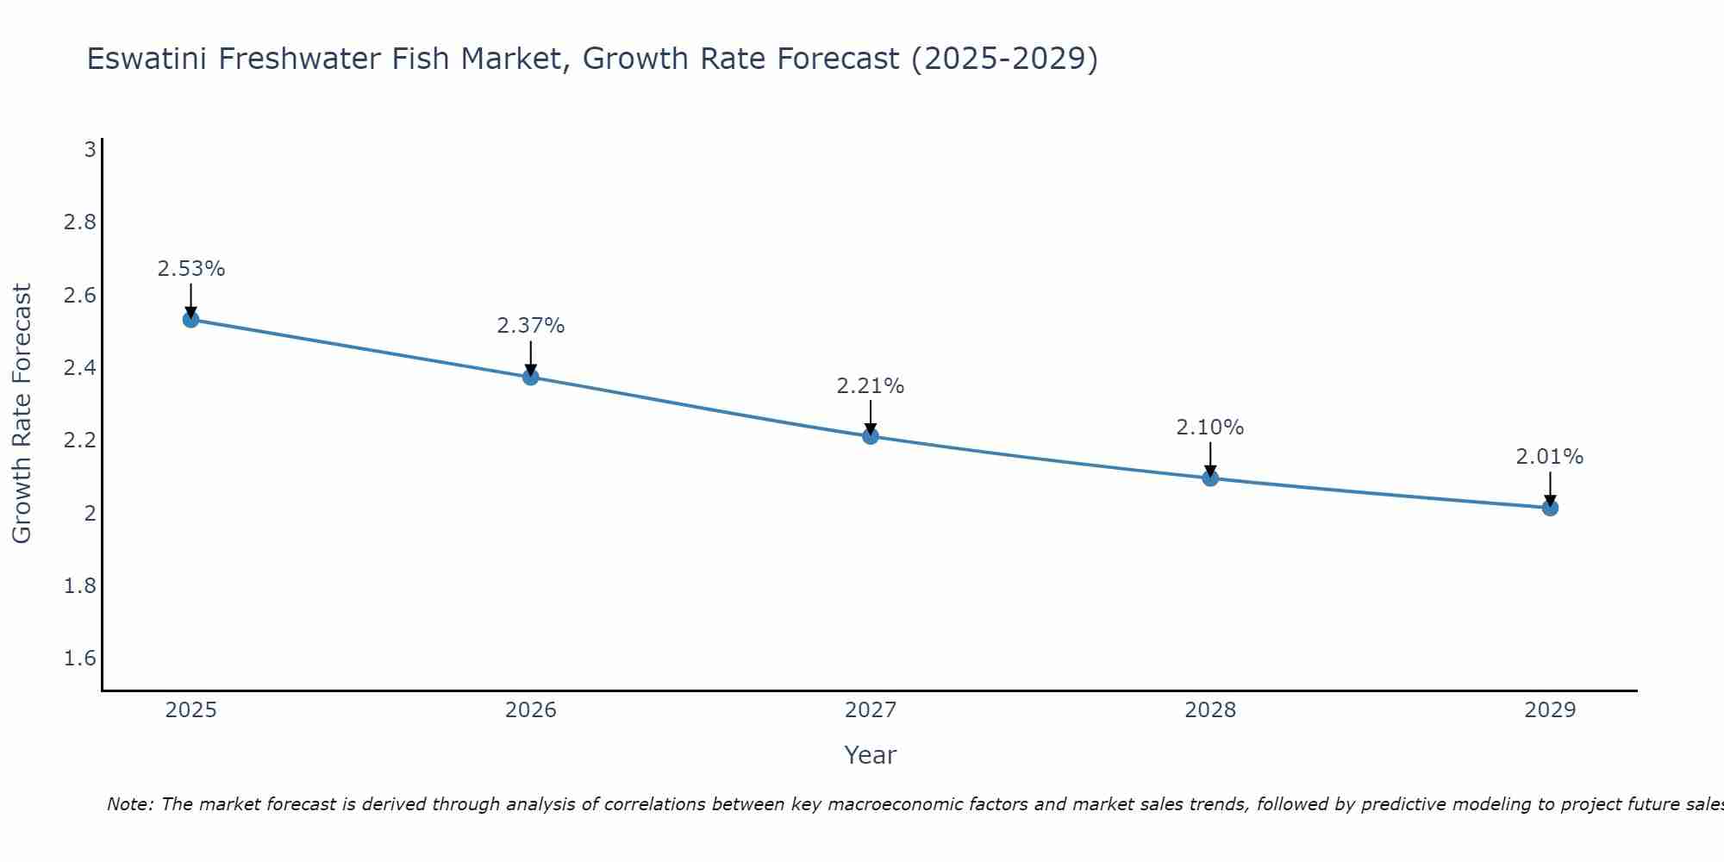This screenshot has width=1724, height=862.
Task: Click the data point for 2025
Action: coord(191,320)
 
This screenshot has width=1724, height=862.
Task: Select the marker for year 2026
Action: coord(530,377)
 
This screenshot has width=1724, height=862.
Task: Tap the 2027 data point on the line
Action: coord(870,436)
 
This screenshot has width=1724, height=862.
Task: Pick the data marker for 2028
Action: coord(1210,478)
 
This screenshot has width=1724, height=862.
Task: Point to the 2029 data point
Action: coord(1550,508)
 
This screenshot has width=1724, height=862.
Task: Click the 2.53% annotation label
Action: coord(191,269)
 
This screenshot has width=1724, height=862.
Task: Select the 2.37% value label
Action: coord(530,326)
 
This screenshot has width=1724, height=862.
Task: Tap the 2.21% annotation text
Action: coord(870,386)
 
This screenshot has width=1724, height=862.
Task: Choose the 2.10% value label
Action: coord(1210,428)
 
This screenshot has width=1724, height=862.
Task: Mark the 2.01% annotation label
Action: coord(1550,457)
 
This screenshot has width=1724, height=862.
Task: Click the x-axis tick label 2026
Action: coord(530,710)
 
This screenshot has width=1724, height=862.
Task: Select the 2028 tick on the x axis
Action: coord(1210,710)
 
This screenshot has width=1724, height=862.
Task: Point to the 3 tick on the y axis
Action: coord(90,150)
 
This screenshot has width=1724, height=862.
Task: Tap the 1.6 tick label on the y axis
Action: coord(80,659)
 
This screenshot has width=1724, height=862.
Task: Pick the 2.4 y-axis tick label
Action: coord(80,368)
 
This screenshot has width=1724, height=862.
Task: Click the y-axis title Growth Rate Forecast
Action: coord(22,414)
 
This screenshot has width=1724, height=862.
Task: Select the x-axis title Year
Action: coord(870,755)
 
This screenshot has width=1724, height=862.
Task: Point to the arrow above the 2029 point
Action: coord(1550,488)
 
